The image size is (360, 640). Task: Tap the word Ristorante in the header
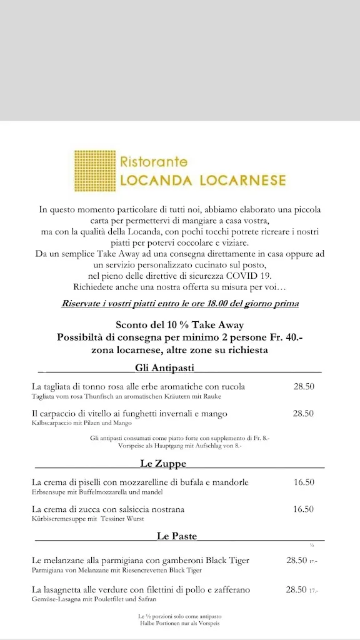click(154, 162)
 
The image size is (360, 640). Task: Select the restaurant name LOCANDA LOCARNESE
click(202, 181)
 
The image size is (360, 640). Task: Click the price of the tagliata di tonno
click(304, 386)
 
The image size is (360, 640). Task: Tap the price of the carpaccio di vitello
click(304, 414)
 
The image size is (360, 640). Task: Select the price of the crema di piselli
click(304, 482)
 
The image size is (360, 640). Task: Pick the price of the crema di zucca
click(304, 509)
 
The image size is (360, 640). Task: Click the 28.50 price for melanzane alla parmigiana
click(296, 561)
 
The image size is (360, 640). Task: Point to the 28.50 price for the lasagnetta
click(296, 589)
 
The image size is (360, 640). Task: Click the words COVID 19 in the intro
click(252, 276)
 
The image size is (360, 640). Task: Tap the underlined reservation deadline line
click(180, 304)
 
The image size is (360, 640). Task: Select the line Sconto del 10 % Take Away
click(180, 325)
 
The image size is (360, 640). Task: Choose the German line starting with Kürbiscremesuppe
click(88, 519)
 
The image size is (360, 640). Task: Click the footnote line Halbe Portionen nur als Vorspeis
click(179, 623)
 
